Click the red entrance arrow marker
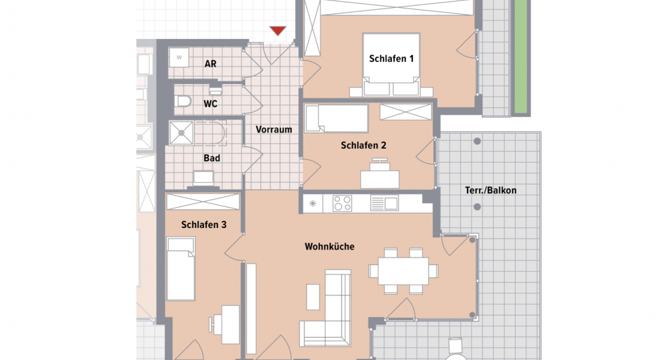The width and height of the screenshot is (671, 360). [x=277, y=31]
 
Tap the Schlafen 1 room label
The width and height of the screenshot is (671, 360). [x=391, y=59]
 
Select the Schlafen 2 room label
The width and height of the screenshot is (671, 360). [x=363, y=145]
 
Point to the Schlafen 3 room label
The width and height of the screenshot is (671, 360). [x=203, y=224]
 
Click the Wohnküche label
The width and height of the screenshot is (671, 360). [x=329, y=247]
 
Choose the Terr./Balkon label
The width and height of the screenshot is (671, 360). [x=490, y=190]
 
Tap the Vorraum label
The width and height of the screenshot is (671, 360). [x=274, y=130]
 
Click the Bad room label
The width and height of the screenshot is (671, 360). [x=212, y=158]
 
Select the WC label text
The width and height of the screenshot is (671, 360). [x=210, y=104]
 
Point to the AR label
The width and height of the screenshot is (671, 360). [x=210, y=64]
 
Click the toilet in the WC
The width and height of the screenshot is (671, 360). [x=182, y=102]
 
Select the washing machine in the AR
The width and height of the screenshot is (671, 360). [x=178, y=58]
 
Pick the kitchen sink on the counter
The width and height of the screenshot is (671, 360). [x=384, y=203]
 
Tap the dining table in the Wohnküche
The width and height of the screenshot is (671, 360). [x=403, y=271]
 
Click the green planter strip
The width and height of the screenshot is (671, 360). [x=521, y=57]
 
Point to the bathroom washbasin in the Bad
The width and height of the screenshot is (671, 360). [x=203, y=178]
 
